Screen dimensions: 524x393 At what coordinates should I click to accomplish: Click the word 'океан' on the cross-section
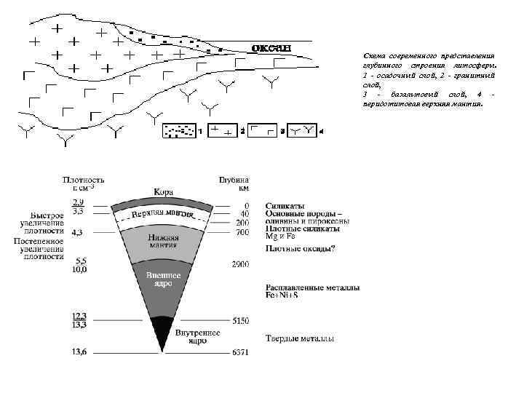pos(271,48)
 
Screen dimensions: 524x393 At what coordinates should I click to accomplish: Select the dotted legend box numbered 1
pos(178,130)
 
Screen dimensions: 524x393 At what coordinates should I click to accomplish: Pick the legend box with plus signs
pos(222,130)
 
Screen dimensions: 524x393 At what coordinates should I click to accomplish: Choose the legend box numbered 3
pos(262,130)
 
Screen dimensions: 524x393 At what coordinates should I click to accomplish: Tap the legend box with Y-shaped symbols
pos(301,130)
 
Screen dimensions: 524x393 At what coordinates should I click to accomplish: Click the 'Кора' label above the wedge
pos(163,191)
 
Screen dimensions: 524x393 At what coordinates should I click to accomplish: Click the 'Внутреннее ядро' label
pos(198,336)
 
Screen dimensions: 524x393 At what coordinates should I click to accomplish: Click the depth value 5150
pos(240,319)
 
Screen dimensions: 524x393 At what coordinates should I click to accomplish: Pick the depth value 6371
pos(240,353)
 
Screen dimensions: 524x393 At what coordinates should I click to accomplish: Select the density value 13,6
pos(79,353)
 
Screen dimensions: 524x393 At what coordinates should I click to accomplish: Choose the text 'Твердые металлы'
pos(301,339)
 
